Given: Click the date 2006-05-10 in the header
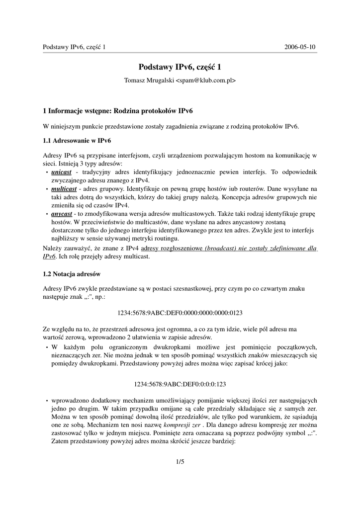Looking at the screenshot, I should point(300,47).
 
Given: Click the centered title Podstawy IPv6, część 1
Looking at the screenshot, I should point(180,67).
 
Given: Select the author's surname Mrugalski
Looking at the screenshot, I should point(158,80).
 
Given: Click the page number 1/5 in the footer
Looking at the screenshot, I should point(180,462).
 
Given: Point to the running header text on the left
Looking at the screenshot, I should point(75,47).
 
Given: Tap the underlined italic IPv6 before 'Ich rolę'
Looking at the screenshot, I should point(49,257).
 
